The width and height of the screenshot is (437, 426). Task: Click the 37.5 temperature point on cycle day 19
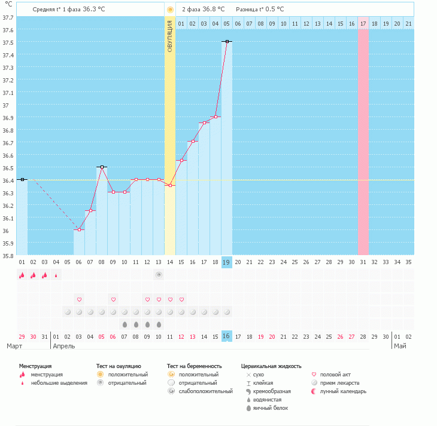click(227, 42)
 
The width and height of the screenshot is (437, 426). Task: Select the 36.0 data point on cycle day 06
click(79, 230)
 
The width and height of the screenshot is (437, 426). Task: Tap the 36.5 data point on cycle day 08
click(102, 167)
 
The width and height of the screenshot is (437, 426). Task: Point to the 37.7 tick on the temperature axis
click(8, 18)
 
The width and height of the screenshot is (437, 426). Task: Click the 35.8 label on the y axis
click(8, 256)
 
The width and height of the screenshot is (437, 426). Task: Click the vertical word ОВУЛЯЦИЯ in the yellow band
click(170, 36)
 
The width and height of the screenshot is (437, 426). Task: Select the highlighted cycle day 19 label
click(226, 262)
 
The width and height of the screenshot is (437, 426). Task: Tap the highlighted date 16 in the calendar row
click(227, 336)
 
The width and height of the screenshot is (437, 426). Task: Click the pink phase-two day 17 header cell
click(363, 24)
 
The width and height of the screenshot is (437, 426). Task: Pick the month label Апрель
click(64, 346)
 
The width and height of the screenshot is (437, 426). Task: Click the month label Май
click(400, 346)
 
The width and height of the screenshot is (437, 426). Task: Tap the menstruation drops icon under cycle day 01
click(22, 275)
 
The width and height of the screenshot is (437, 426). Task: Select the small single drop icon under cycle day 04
click(56, 276)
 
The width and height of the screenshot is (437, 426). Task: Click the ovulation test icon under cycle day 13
click(159, 275)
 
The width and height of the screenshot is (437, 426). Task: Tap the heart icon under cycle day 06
click(79, 300)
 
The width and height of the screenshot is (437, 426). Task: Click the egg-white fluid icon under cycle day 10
click(159, 324)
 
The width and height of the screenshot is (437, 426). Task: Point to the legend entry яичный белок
click(271, 408)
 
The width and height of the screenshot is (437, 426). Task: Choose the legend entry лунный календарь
click(343, 391)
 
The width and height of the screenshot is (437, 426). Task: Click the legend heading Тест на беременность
click(194, 366)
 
